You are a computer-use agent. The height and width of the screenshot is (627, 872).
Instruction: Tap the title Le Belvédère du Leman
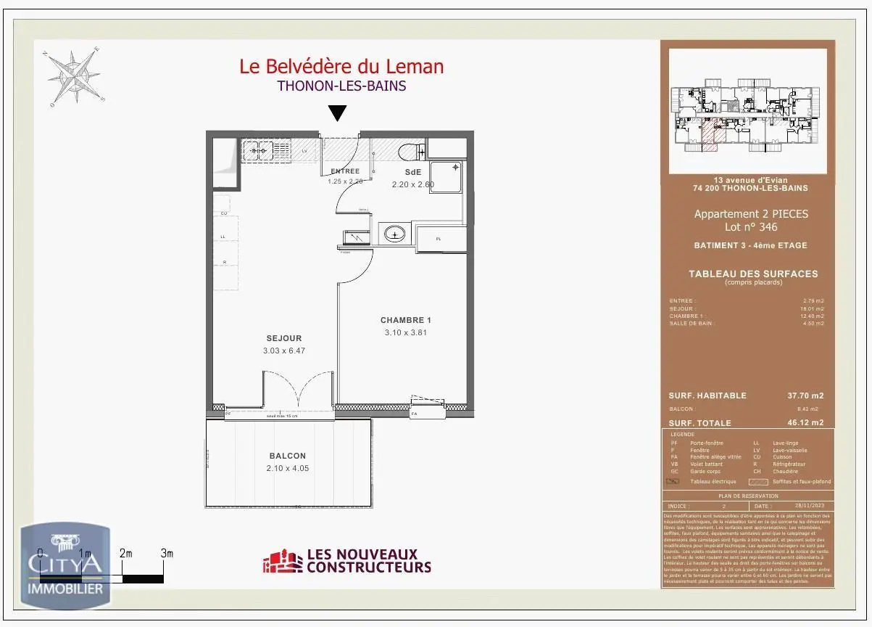click(341, 67)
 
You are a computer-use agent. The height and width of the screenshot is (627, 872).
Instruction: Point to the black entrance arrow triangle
click(338, 113)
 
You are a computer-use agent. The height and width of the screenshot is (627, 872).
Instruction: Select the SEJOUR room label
click(284, 338)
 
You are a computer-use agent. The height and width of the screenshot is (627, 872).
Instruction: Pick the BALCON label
click(287, 456)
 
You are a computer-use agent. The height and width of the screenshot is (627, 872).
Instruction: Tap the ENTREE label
click(345, 171)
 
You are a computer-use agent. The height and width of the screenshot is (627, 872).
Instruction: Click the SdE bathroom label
click(412, 172)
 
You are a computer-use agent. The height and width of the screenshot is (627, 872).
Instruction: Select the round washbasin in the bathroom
click(395, 234)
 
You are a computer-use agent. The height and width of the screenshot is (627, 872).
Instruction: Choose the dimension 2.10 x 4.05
click(287, 468)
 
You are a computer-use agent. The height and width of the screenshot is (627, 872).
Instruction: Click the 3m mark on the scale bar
click(167, 554)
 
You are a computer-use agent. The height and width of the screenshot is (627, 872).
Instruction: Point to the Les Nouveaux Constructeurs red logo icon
click(283, 562)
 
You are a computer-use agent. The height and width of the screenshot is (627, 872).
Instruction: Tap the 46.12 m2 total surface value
click(807, 422)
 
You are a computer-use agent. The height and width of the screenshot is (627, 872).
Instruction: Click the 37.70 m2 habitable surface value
click(807, 396)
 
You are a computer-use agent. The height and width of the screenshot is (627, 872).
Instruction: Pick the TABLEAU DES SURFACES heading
click(753, 274)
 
